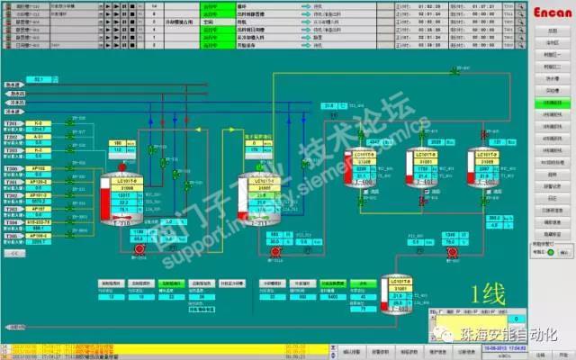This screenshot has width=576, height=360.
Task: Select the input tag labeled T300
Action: [x=12, y=169]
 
